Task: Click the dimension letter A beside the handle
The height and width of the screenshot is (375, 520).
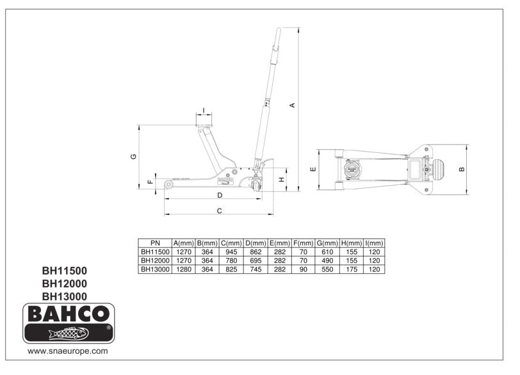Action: tap(293, 106)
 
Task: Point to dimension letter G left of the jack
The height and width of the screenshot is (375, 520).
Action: tap(133, 157)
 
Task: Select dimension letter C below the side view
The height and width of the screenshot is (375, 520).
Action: tap(219, 210)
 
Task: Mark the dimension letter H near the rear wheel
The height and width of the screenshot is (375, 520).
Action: tap(281, 179)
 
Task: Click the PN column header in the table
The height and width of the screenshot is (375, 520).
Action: tap(155, 243)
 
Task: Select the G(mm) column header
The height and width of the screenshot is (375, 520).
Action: tap(327, 243)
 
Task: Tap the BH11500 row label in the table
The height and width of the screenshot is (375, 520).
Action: tap(155, 252)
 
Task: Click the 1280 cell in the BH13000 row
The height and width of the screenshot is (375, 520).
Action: tap(183, 269)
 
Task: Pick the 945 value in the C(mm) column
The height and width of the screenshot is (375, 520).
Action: tap(231, 252)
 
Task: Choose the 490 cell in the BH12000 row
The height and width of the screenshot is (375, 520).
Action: tap(327, 261)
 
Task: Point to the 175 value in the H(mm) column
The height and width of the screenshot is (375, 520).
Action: tap(351, 269)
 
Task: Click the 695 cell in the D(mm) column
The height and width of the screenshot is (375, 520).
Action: tap(256, 261)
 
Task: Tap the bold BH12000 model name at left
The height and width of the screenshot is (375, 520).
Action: tap(64, 283)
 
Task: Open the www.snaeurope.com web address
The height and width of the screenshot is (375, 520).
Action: tap(67, 351)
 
